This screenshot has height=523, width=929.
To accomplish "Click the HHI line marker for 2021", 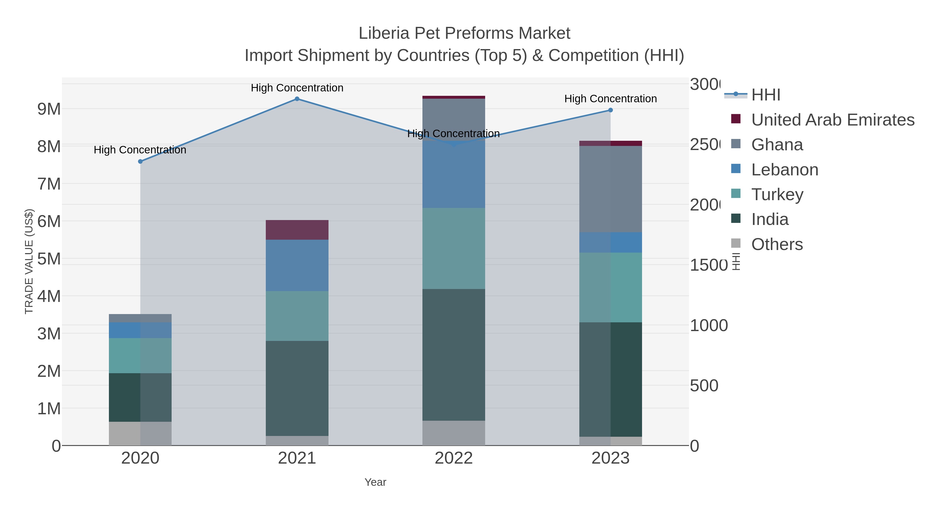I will coord(297,99).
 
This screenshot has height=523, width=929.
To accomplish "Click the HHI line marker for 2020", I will coord(140,162).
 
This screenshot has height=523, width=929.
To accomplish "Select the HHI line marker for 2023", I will coord(610,110).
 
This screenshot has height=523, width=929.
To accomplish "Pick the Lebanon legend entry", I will coord(784,170).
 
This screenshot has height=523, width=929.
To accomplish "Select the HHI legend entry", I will coord(766,95).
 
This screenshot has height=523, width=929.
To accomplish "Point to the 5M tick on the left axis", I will coord(49,259).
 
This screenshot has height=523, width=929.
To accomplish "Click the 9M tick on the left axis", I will coord(49,109).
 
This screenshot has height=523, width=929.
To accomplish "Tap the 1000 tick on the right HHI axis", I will coord(708,326).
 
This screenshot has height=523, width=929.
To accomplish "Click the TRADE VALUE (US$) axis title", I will coord(29,261).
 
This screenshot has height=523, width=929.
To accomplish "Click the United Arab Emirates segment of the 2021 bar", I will coord(297,230).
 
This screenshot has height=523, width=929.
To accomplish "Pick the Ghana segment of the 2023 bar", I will coord(610,189).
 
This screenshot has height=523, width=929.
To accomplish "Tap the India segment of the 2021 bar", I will coord(297,388).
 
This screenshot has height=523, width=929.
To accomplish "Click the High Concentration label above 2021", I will coord(297,88).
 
